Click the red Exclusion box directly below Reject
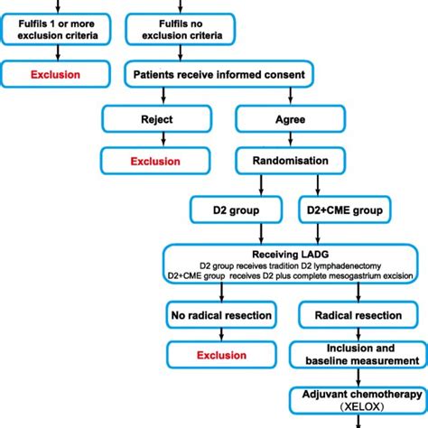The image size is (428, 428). [x=160, y=162]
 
